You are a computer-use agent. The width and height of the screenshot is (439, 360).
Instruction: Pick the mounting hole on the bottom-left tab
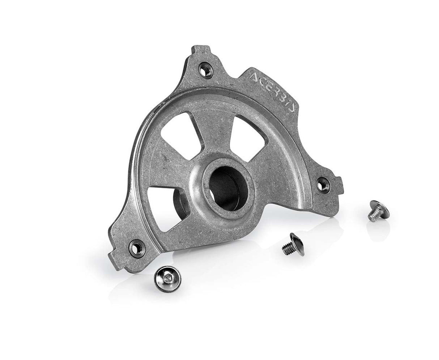(x=136, y=247)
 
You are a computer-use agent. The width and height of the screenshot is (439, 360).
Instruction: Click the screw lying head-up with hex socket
(x=168, y=277)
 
